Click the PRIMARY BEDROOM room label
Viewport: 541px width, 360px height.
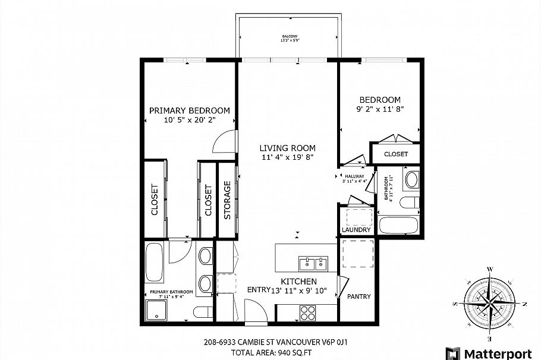point(189,110)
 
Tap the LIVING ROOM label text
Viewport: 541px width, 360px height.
point(287,148)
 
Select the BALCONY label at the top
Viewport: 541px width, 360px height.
point(290,37)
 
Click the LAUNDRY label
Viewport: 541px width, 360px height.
point(356,230)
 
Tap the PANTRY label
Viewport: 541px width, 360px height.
point(359,296)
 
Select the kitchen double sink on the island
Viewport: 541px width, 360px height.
point(314,262)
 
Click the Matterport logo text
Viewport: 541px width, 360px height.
point(498,353)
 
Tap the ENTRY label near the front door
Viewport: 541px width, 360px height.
point(259,289)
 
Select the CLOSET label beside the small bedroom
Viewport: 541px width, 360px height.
point(396,154)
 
